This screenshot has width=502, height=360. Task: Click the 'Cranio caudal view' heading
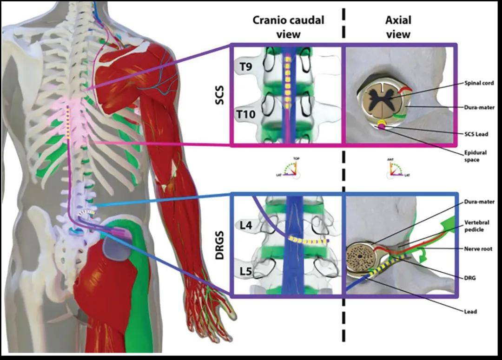[288, 27]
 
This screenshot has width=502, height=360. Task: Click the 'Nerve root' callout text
[478, 249]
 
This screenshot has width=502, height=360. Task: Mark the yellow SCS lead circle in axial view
[381, 123]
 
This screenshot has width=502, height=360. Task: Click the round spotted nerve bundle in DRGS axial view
[359, 256]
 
